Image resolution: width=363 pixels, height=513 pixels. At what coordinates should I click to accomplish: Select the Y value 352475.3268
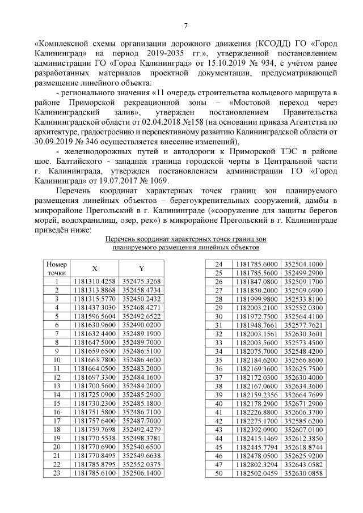(141, 281)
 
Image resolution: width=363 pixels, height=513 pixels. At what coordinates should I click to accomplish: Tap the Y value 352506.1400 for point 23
(141, 472)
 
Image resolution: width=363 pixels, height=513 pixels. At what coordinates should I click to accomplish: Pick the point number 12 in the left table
(57, 377)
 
